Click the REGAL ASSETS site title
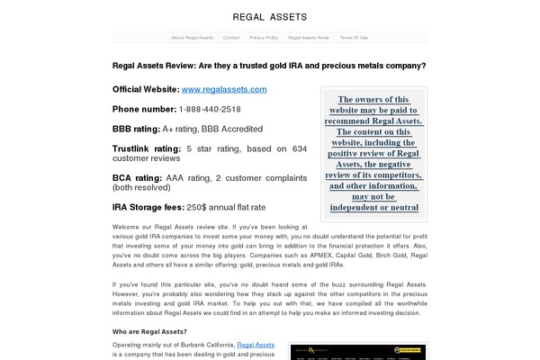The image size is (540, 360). tap(269, 16)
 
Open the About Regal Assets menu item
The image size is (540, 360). tap(191, 38)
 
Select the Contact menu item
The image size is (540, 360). tap(231, 38)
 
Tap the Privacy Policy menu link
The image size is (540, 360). tap(264, 38)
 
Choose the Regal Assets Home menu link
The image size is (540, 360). tap(309, 38)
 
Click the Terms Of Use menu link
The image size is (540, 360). tap(354, 38)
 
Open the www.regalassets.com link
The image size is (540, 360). tap(224, 89)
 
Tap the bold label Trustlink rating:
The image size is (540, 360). tap(147, 148)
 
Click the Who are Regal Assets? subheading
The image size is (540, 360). tap(149, 330)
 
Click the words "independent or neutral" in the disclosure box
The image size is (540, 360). tap(373, 207)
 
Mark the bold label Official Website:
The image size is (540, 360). tap(145, 89)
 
